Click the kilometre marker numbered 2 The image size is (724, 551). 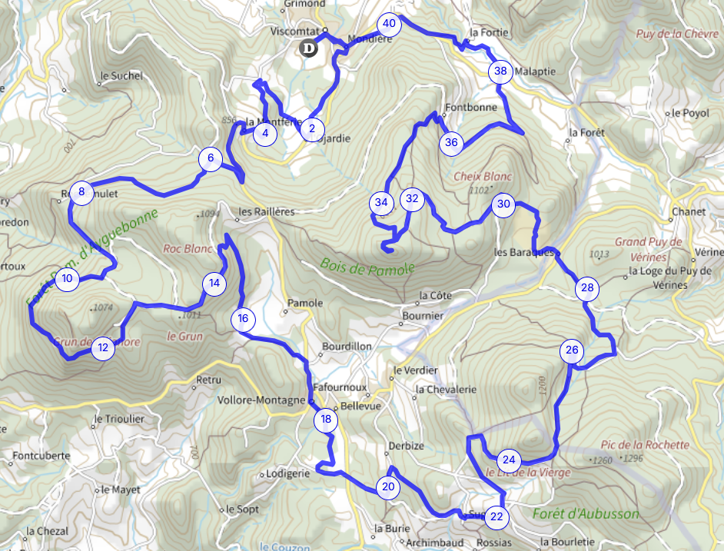click(311, 129)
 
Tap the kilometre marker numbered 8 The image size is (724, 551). click(81, 191)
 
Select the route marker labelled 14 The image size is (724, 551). click(214, 284)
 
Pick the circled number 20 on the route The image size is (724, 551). click(387, 486)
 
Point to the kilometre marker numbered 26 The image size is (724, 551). click(571, 351)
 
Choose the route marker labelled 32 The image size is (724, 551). click(412, 199)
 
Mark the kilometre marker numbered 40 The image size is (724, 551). click(389, 24)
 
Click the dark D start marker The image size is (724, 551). click(308, 49)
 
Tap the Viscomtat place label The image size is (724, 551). click(294, 32)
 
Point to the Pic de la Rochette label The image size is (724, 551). click(646, 445)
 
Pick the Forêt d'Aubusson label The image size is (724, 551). click(585, 514)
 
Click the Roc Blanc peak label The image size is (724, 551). click(188, 249)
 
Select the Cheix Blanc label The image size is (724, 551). click(483, 176)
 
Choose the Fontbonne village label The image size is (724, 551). click(471, 108)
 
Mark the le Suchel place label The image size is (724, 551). click(122, 76)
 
